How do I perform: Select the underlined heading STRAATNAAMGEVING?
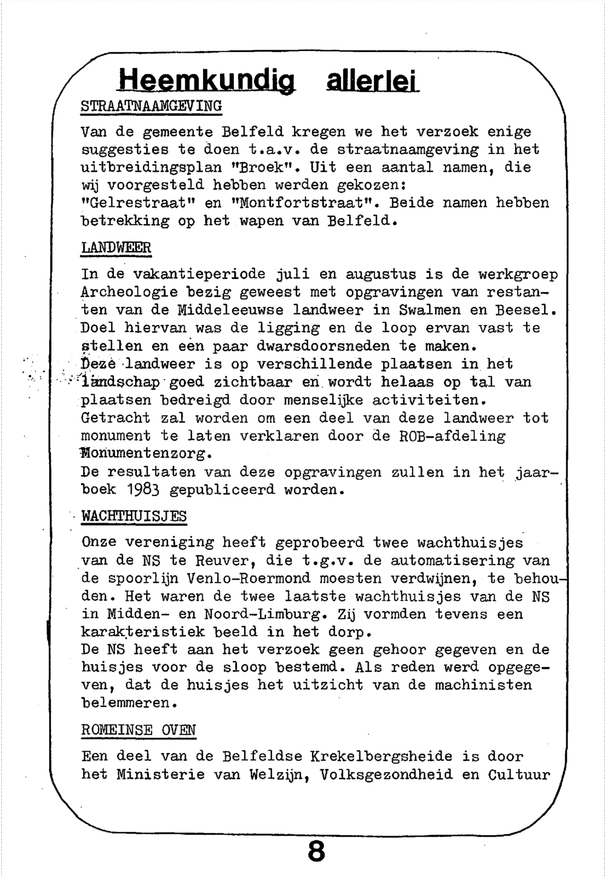click(151, 106)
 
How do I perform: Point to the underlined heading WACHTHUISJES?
click(134, 517)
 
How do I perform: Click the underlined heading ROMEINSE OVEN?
click(138, 730)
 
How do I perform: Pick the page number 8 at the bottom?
click(316, 852)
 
